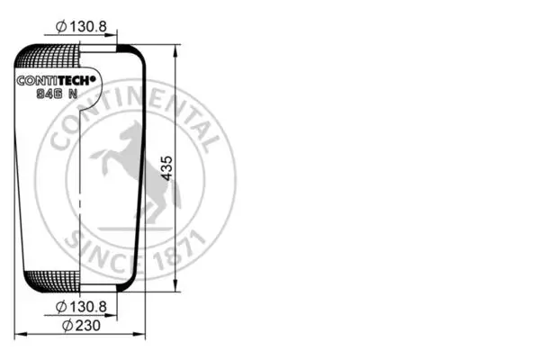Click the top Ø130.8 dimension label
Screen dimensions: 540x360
tap(81, 26)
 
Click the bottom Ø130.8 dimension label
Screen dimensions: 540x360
tap(81, 307)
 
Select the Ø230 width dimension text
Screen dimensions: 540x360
tap(81, 325)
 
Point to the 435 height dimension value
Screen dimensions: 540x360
tap(167, 168)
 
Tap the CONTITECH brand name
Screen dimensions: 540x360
tap(56, 81)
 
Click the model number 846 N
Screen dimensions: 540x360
tap(58, 94)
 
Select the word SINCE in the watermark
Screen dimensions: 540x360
tap(103, 255)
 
